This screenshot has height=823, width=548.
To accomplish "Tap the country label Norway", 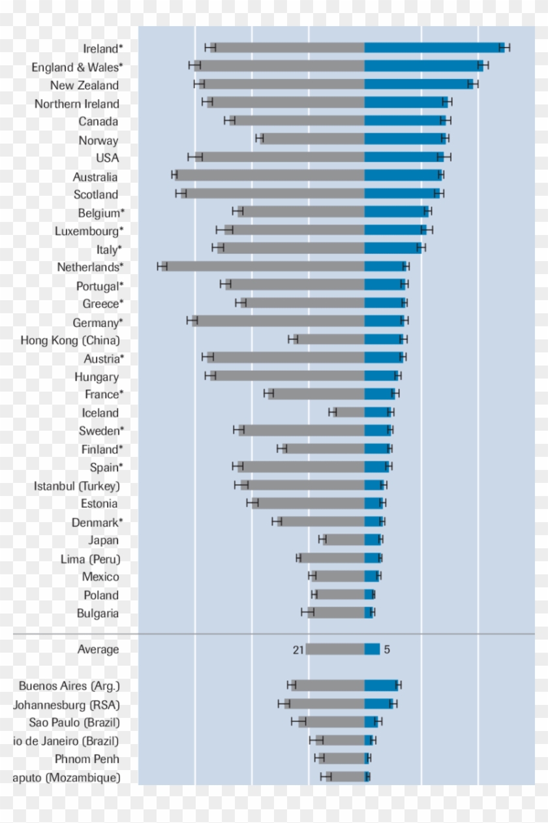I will pyautogui.click(x=99, y=140).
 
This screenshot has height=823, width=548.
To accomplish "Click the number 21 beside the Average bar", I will pyautogui.click(x=298, y=650).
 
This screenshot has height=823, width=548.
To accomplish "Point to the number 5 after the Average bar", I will pyautogui.click(x=387, y=650).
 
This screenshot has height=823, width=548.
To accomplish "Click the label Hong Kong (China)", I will pyautogui.click(x=70, y=340).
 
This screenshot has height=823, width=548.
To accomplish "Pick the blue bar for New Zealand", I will pyautogui.click(x=418, y=84).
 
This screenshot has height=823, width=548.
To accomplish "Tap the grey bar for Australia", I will pyautogui.click(x=271, y=175).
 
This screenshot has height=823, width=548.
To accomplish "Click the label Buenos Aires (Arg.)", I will pyautogui.click(x=69, y=686).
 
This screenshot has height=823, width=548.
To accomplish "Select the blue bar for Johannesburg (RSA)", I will pyautogui.click(x=379, y=703).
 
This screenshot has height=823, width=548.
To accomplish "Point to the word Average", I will pyautogui.click(x=99, y=649).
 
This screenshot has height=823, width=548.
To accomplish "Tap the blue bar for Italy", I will pyautogui.click(x=393, y=248).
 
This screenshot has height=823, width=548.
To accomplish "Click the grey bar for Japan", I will pyautogui.click(x=345, y=539).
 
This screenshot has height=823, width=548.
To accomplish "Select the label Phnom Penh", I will pyautogui.click(x=87, y=759).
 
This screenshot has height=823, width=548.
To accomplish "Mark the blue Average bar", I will pyautogui.click(x=372, y=649).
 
